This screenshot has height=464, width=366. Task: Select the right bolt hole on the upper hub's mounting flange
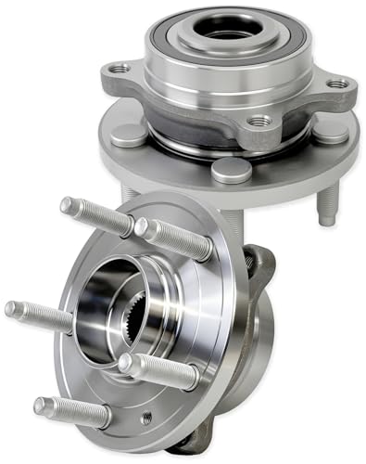339,84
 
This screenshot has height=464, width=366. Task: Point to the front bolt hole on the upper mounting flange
259,121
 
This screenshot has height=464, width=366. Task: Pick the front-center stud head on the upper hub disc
230,170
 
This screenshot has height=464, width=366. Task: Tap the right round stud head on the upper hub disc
331,130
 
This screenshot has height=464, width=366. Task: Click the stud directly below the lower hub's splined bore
158,369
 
